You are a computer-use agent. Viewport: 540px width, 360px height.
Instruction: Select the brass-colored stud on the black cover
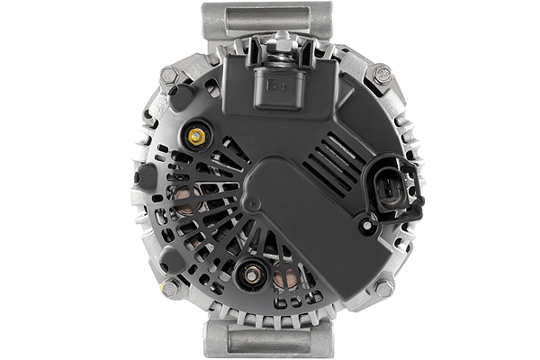tap(196, 136)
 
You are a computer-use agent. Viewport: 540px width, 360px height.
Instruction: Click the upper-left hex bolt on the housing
tap(168, 77)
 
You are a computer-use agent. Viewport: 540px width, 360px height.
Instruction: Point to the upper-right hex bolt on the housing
tap(382, 75)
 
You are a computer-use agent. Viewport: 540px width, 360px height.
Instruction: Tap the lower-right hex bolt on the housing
tap(383, 288)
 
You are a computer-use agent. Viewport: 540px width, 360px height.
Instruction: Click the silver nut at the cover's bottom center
tap(252, 270)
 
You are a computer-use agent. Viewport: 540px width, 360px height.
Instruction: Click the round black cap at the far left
tap(144, 176)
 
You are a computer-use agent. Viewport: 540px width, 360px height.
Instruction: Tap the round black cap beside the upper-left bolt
tap(183, 96)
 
